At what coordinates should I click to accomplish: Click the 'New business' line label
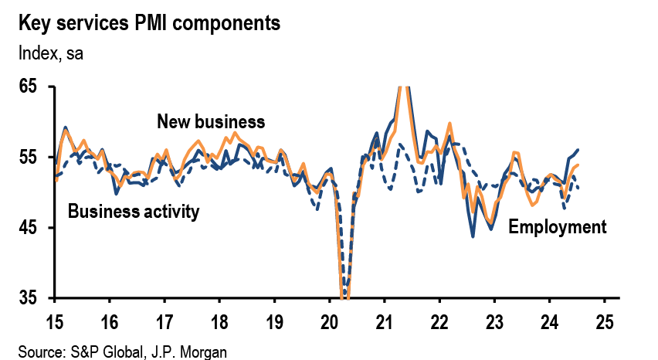click(x=211, y=122)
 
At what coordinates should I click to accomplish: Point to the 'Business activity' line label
click(x=134, y=212)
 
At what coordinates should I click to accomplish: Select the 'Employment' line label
click(x=557, y=227)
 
